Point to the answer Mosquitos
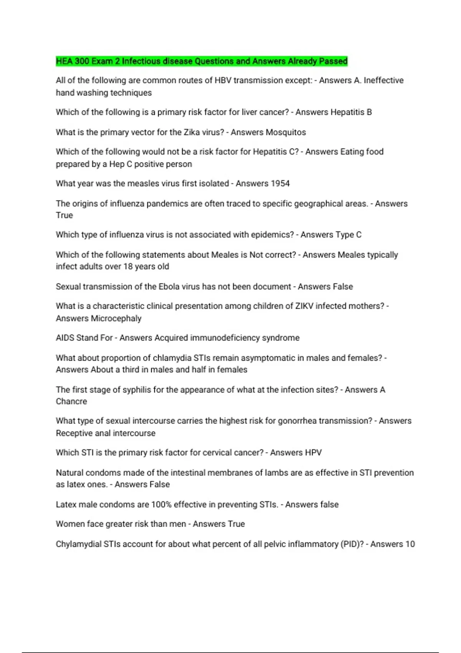[286, 132]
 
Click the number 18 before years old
[128, 266]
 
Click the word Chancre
[71, 401]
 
